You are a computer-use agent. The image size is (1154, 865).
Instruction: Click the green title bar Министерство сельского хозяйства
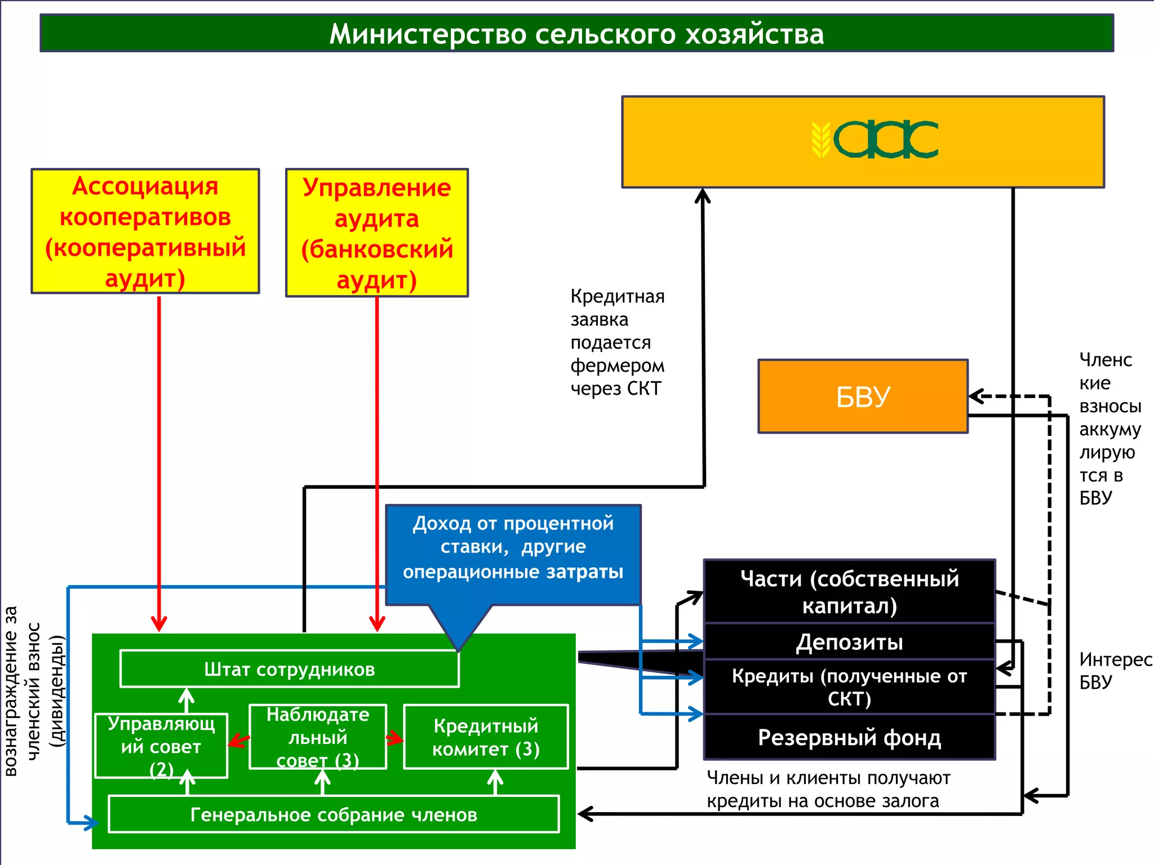tap(576, 34)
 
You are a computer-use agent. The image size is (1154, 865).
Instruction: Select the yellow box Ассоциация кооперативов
tap(145, 231)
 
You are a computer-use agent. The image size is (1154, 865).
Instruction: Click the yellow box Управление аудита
tap(376, 233)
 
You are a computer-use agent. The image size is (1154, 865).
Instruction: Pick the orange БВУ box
tap(863, 396)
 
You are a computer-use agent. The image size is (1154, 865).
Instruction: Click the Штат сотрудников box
tap(290, 669)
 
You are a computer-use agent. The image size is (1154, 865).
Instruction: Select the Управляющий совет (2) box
tap(161, 746)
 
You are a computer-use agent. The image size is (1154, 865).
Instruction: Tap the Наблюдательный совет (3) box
tap(318, 737)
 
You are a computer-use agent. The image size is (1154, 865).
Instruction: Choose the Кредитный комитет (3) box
tap(486, 737)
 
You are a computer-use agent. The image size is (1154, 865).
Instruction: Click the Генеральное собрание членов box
tap(334, 814)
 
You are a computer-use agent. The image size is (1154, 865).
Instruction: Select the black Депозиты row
tap(849, 642)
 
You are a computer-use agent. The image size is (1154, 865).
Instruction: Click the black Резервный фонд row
tap(849, 737)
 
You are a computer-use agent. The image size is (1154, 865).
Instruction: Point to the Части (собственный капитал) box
tap(849, 591)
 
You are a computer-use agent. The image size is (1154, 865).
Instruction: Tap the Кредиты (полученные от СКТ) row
tap(849, 687)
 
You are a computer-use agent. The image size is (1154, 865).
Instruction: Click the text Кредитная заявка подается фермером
tap(617, 342)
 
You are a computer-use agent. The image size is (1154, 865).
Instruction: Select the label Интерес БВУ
tap(1115, 670)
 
